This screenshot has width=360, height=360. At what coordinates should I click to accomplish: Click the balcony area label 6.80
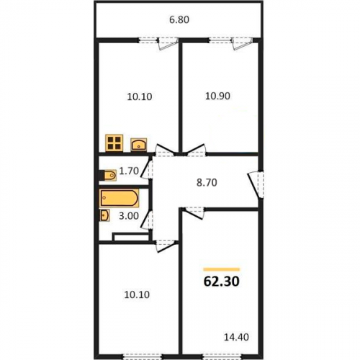pyautogui.click(x=179, y=19)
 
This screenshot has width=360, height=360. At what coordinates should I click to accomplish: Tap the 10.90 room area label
pyautogui.click(x=217, y=96)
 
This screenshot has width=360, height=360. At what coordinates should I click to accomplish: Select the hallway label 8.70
pyautogui.click(x=207, y=183)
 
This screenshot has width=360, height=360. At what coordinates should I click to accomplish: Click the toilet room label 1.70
pyautogui.click(x=129, y=171)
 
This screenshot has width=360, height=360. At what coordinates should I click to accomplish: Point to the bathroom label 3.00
pyautogui.click(x=129, y=216)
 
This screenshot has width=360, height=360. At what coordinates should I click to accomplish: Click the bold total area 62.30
pyautogui.click(x=221, y=282)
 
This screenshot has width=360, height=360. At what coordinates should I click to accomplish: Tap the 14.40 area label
pyautogui.click(x=236, y=337)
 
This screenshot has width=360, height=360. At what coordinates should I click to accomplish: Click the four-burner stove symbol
pyautogui.click(x=114, y=143)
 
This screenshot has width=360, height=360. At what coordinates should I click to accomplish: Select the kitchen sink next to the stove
pyautogui.click(x=139, y=145)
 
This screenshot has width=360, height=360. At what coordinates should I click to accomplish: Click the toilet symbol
pyautogui.click(x=110, y=175)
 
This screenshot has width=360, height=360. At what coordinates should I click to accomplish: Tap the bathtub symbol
pyautogui.click(x=119, y=198)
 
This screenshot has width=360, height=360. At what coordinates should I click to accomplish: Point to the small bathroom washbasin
pyautogui.click(x=104, y=215)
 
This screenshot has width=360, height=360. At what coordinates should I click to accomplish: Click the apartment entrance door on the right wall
pyautogui.click(x=256, y=184)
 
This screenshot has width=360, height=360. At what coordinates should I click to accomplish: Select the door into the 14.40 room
pyautogui.click(x=194, y=212)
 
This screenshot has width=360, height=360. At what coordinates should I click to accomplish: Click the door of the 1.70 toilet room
pyautogui.click(x=147, y=169)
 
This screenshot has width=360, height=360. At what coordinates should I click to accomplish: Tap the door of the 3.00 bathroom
pyautogui.click(x=147, y=220)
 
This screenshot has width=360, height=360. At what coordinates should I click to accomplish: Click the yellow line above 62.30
pyautogui.click(x=221, y=269)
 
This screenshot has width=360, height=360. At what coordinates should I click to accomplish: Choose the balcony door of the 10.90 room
pyautogui.click(x=243, y=44)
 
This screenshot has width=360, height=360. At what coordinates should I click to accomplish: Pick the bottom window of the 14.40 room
pyautogui.click(x=222, y=357)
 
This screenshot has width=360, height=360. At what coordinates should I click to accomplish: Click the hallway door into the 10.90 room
pyautogui.click(x=195, y=150)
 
